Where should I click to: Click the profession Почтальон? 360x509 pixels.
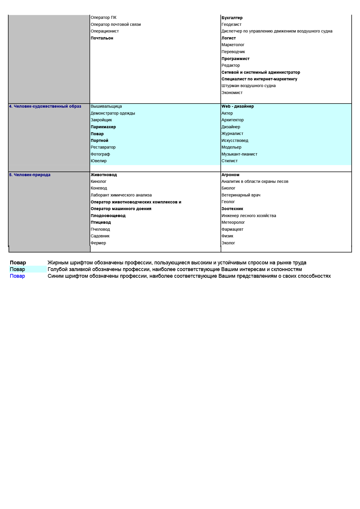(x=102, y=38)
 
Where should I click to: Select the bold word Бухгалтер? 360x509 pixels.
(x=232, y=18)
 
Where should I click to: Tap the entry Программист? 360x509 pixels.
(x=235, y=59)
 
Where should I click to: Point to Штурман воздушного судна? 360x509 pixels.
(x=249, y=86)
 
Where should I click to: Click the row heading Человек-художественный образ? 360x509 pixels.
(x=45, y=106)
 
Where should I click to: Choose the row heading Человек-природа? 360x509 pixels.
(x=30, y=175)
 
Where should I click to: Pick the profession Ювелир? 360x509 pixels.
(x=99, y=161)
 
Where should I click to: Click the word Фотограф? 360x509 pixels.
(x=100, y=154)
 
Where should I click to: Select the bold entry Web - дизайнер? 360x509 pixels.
(x=237, y=106)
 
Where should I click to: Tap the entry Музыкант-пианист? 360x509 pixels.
(x=239, y=154)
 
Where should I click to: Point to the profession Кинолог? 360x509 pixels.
(x=98, y=181)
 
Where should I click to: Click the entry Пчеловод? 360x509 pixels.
(x=100, y=229)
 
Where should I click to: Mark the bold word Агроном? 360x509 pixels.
(x=230, y=175)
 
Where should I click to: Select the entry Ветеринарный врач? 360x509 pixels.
(x=241, y=195)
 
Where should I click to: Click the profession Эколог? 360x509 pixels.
(x=228, y=243)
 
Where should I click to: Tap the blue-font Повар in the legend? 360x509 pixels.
(x=17, y=276)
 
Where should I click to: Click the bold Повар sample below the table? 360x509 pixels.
(x=18, y=263)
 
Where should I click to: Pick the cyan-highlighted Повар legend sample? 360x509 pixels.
(x=17, y=269)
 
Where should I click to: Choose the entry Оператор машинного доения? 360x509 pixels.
(x=121, y=209)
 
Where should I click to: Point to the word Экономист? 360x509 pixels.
(x=232, y=93)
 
